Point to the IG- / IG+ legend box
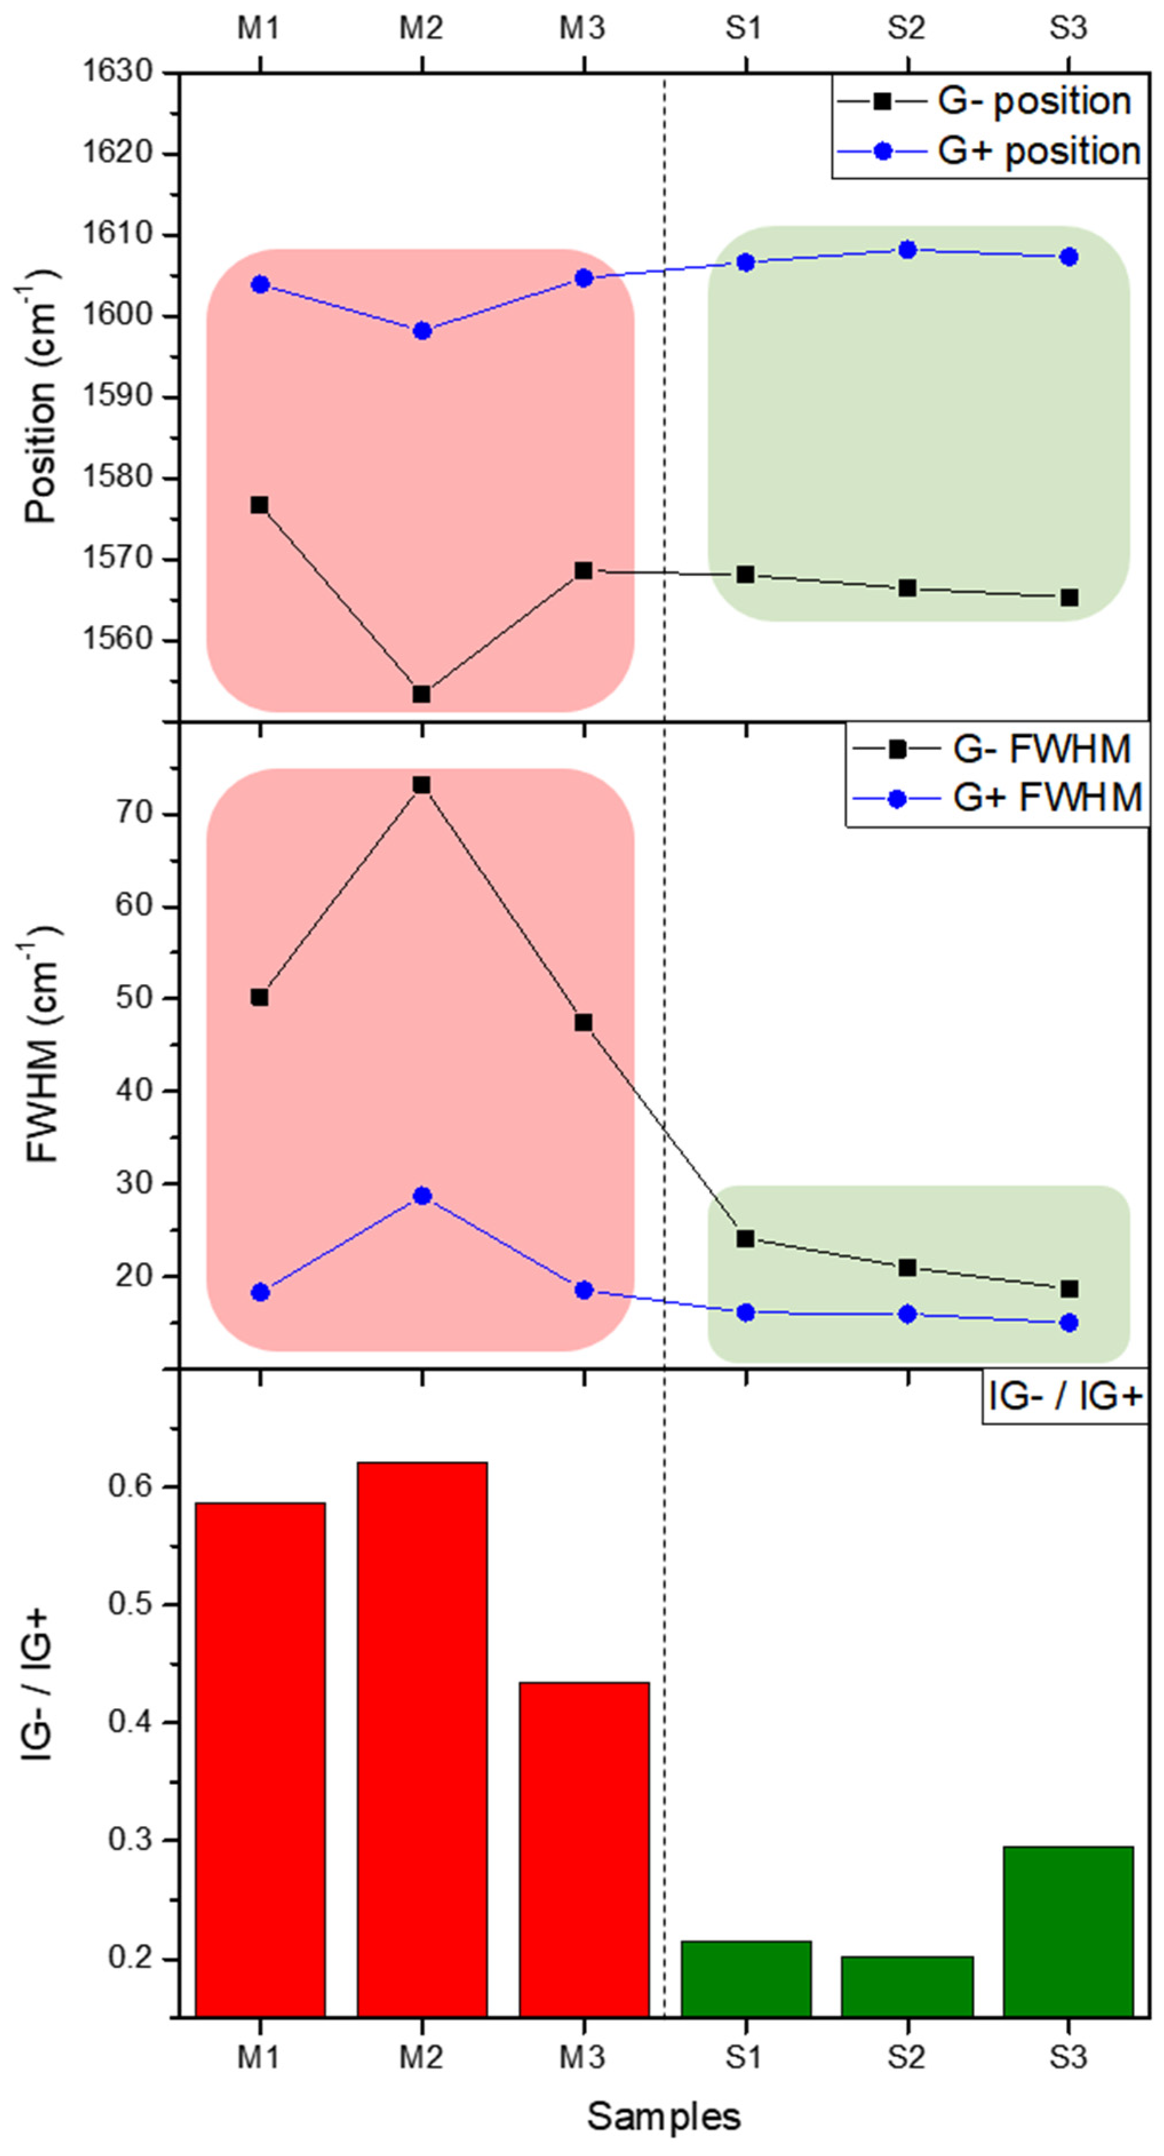(x=1065, y=1398)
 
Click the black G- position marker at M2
(x=422, y=694)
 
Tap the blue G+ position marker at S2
(x=907, y=249)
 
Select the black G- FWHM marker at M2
(x=422, y=785)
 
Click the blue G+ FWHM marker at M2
(x=422, y=1196)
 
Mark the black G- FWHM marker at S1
(x=746, y=1239)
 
